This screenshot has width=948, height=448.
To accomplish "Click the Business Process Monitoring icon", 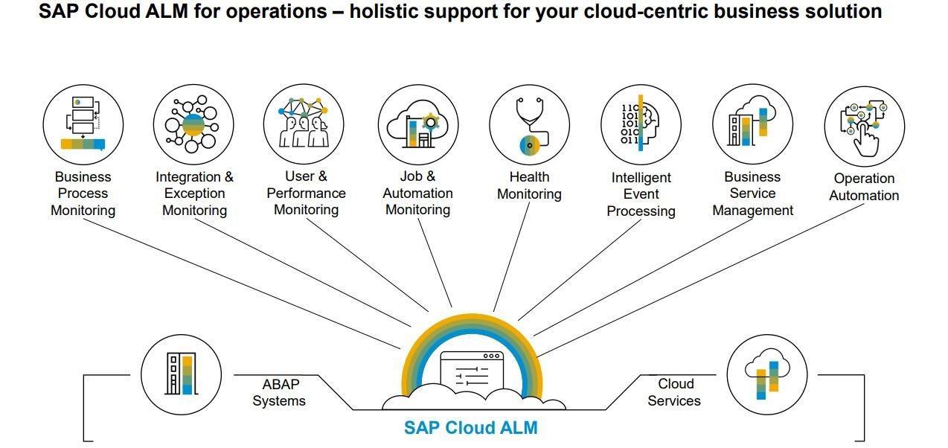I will coord(83,124).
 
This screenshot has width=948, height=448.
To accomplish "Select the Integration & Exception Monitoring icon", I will coord(193,124).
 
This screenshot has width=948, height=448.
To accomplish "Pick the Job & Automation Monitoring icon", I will coord(417,124).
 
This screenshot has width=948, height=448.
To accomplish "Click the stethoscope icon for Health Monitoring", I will coord(529,124).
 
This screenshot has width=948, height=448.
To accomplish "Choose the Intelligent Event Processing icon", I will coord(641,124).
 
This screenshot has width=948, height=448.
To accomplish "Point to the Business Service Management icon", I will coord(752,124).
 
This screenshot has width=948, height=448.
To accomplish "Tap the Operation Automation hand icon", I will coord(864,126).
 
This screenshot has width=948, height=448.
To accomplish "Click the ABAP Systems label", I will coord(280,392).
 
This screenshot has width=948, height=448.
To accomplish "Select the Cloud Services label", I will coord(674,392).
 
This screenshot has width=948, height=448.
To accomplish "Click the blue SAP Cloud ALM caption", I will coord(470,428).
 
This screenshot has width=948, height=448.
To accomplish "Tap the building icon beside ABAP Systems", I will coord(181,374).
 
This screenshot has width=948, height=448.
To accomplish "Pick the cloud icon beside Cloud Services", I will coord(766,374).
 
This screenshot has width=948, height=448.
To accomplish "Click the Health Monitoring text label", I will coord(529,185).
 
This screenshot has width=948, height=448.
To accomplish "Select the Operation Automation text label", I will coord(864,187).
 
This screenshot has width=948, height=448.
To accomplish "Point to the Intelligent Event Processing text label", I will coord(641,194).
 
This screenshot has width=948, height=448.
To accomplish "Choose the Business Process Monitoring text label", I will coord(83,193).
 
